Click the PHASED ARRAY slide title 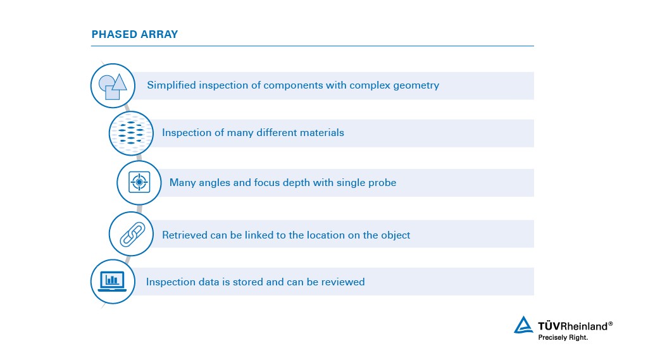(x=135, y=34)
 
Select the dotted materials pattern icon (x=131, y=133)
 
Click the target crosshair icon (x=139, y=182)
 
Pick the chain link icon (x=131, y=234)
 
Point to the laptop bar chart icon (x=113, y=281)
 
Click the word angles (x=213, y=183)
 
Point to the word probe (x=382, y=183)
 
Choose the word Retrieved (x=184, y=235)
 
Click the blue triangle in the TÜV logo (x=523, y=325)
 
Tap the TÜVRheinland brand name (x=575, y=326)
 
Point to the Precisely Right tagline (x=563, y=338)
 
